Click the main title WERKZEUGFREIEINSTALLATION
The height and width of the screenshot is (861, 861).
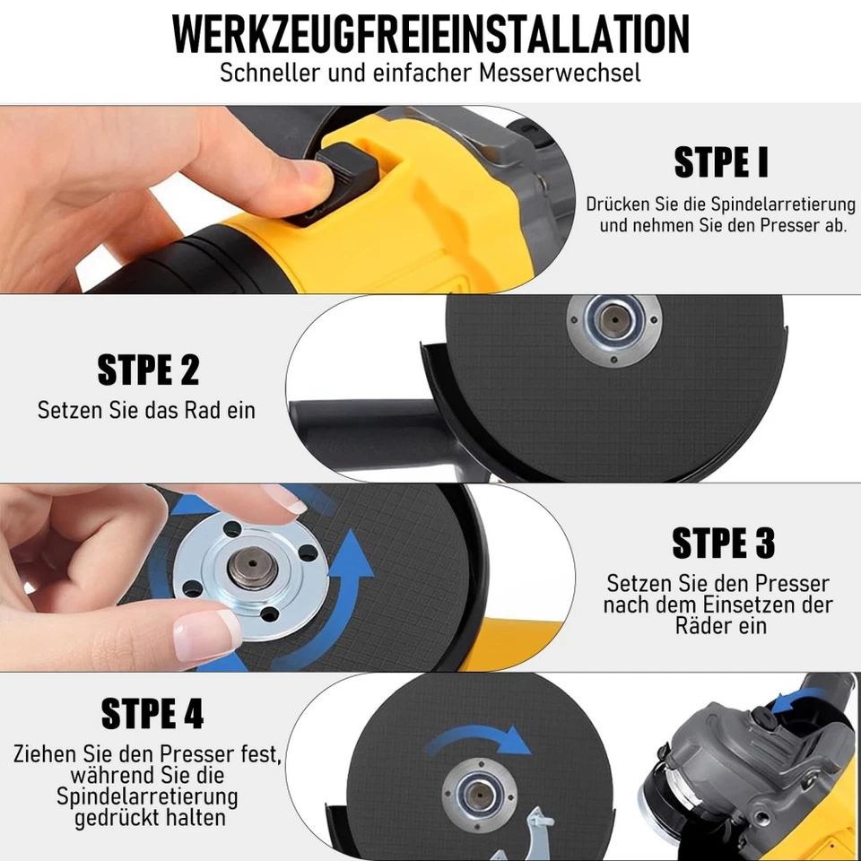(430, 33)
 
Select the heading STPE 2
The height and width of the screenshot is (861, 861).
(148, 370)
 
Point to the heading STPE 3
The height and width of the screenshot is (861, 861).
(723, 543)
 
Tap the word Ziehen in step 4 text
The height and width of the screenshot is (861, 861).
(44, 752)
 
